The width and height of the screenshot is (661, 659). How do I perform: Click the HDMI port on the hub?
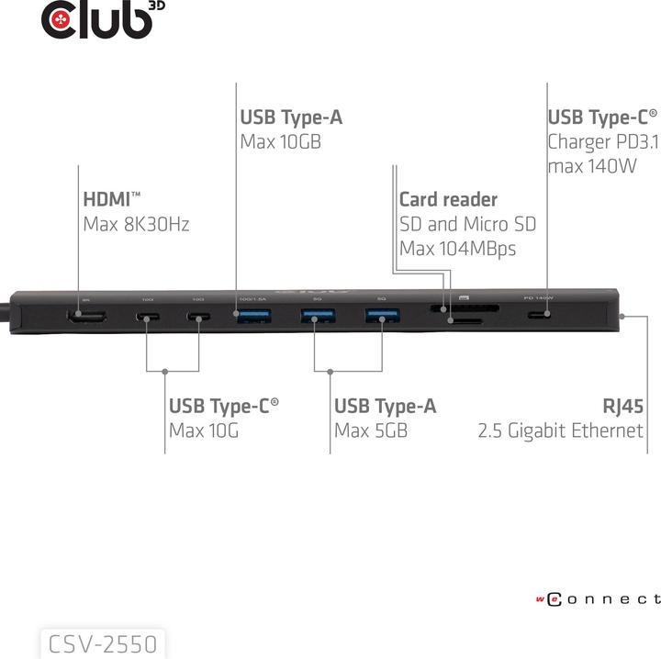pos(84,318)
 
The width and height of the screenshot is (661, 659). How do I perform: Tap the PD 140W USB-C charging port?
pos(541,316)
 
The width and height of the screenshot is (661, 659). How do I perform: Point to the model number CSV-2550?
pos(103,642)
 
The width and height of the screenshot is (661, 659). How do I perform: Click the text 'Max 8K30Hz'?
pos(136,223)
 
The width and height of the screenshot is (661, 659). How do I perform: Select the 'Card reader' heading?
pos(448,199)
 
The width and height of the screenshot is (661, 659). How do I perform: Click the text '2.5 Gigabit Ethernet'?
pos(560,430)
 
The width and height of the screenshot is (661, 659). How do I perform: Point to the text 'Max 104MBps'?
pos(457,248)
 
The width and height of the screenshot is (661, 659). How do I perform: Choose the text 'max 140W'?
pos(591,166)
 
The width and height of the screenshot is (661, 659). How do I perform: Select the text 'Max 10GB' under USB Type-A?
pos(280,141)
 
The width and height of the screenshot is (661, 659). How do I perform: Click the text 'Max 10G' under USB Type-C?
pos(203,430)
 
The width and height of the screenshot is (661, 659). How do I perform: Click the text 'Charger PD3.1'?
pos(602,141)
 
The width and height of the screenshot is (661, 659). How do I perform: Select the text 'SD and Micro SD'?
pos(467,223)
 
